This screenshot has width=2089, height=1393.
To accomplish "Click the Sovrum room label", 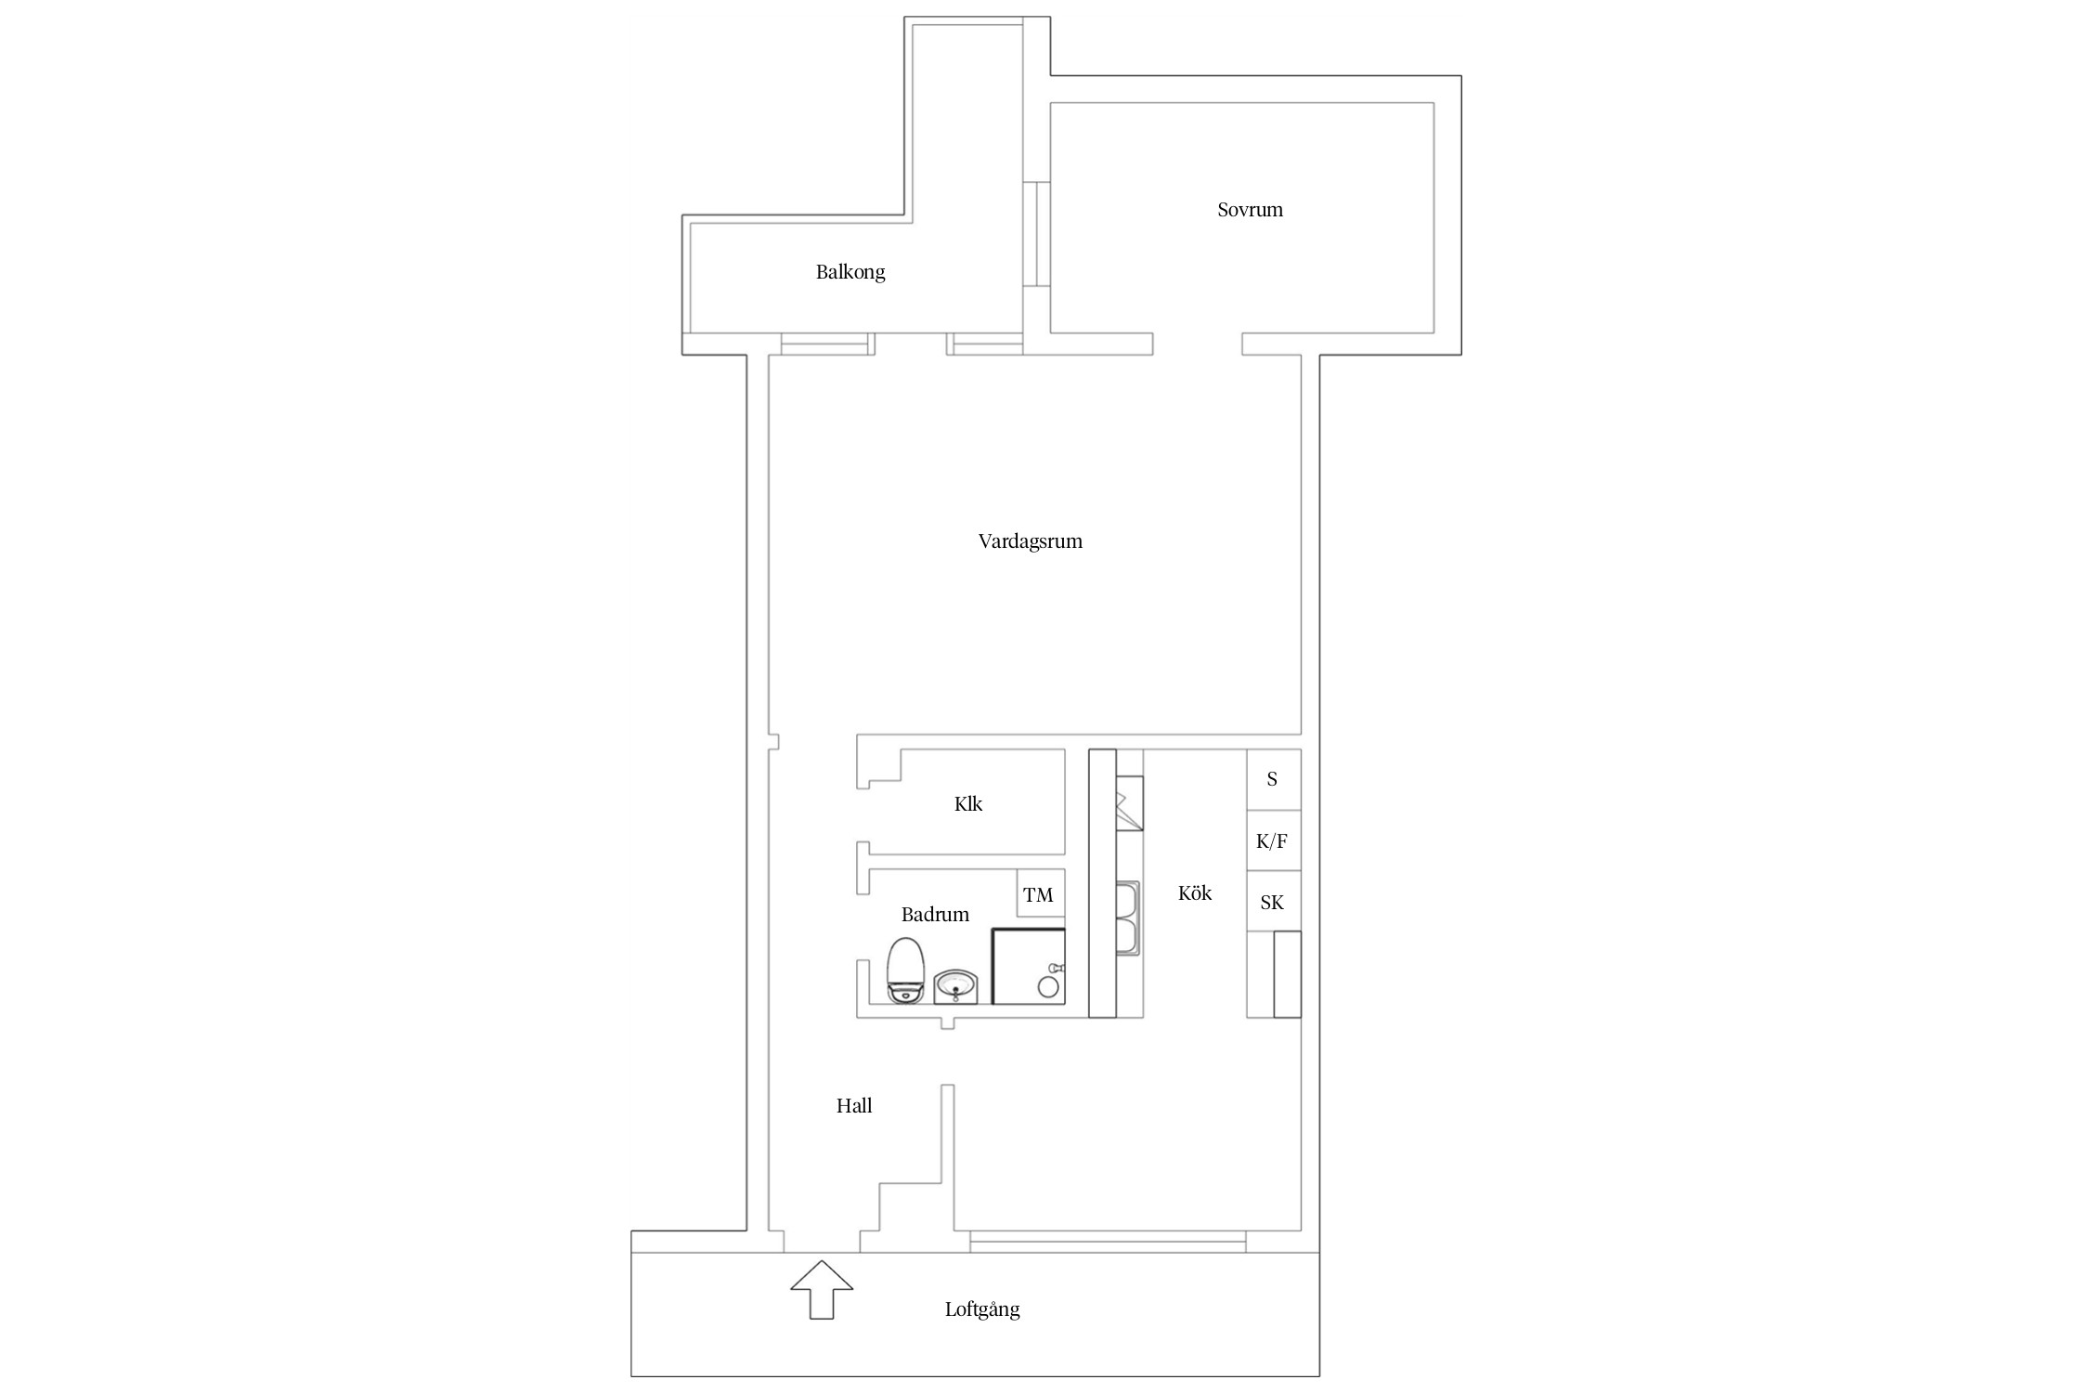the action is point(1250,210).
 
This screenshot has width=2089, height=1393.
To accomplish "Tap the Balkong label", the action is point(850,272).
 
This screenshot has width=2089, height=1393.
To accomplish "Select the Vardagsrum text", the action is point(1031,541).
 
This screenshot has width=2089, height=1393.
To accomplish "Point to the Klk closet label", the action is point(968,804).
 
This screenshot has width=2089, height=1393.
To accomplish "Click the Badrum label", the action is point(935,915).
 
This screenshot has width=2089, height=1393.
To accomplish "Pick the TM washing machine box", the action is point(1040,893).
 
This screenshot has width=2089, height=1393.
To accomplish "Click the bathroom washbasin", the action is point(955,986).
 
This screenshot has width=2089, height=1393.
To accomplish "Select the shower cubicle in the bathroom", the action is point(1029,966).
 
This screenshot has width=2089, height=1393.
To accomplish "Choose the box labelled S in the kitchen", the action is point(1273,779).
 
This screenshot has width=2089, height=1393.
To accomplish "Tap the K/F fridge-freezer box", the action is point(1273,840).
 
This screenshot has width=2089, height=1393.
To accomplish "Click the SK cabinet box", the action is point(1273,901).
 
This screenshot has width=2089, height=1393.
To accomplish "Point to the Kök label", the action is point(1195,893).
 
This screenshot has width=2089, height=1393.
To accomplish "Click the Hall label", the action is point(854,1106).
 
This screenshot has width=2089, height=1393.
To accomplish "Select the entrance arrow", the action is point(822,1289).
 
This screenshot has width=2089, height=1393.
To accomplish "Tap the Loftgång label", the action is point(982,1310).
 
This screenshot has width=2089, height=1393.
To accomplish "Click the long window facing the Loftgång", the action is point(1108,1237).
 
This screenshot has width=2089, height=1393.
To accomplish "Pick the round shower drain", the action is point(1048,988).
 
